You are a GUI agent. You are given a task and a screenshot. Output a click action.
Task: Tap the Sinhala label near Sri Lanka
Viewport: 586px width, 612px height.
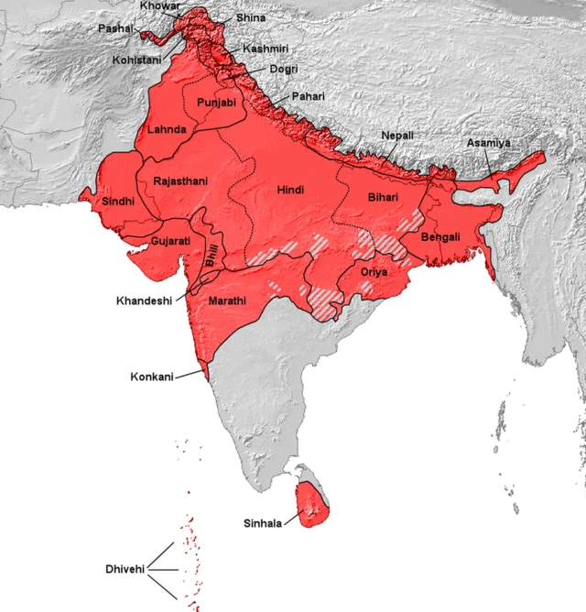[x=264, y=524]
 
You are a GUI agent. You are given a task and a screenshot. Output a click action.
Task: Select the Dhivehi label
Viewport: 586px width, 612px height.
[x=125, y=569]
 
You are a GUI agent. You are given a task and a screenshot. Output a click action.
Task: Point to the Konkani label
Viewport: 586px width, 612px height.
[x=151, y=377]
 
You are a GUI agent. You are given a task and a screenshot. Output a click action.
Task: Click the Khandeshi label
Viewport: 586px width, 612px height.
[x=145, y=301]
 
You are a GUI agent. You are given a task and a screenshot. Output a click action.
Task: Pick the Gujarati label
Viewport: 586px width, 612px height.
[x=170, y=241]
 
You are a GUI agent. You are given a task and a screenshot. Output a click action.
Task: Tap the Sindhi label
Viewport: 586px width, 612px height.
[x=119, y=201]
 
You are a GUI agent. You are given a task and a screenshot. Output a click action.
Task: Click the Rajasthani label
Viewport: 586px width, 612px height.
[x=180, y=181]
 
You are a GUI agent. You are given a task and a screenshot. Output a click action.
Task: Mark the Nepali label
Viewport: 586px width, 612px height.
[x=397, y=136]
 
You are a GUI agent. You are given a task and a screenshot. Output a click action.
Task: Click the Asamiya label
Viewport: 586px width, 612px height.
[x=488, y=144]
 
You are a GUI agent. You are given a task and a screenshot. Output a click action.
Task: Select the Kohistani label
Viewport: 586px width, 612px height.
[x=136, y=60]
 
